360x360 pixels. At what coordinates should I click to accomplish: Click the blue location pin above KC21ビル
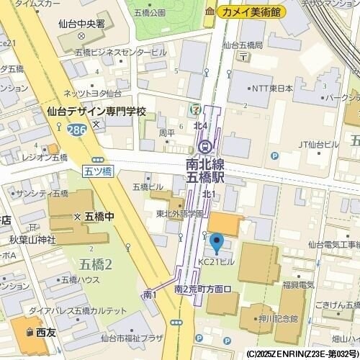pos(215,242)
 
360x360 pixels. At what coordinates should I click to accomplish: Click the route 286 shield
pos(73,130)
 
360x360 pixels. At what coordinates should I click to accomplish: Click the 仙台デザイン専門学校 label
pos(96,112)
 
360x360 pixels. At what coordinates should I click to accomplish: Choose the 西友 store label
pos(45,332)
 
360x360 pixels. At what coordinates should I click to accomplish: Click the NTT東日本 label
pos(273,89)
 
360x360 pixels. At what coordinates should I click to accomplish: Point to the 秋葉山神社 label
pos(32,238)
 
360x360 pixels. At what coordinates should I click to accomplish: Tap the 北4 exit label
pos(200,126)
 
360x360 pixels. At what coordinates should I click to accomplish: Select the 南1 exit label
pos(150,294)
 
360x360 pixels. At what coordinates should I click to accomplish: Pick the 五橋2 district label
pos(96,264)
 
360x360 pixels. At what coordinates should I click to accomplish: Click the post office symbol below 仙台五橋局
pos(245,55)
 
